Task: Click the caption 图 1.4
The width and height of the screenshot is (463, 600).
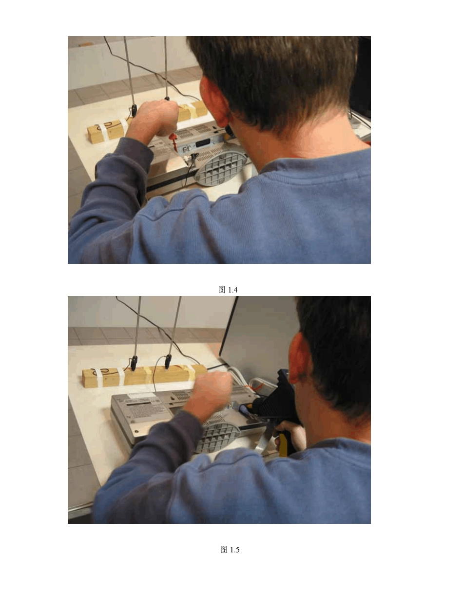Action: pyautogui.click(x=228, y=290)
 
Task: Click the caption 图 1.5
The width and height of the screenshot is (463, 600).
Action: pyautogui.click(x=230, y=550)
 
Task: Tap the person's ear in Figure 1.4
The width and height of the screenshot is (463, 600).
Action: pyautogui.click(x=217, y=101)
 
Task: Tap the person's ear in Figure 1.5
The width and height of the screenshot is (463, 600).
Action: pyautogui.click(x=300, y=359)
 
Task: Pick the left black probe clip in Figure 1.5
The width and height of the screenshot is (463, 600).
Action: pyautogui.click(x=135, y=363)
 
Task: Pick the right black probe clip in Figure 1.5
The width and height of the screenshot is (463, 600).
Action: pyautogui.click(x=168, y=362)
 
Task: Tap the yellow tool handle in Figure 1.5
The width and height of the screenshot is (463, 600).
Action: pyautogui.click(x=284, y=445)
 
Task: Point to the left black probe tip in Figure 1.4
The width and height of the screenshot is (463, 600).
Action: pyautogui.click(x=134, y=110)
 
